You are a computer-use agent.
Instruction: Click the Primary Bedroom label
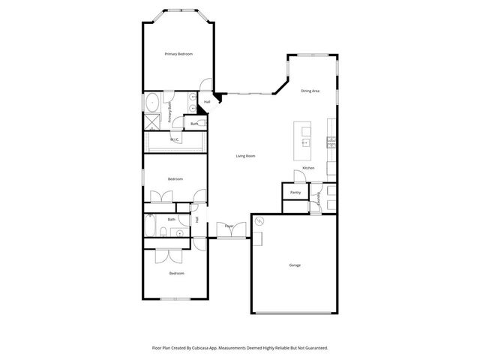pos(179,54)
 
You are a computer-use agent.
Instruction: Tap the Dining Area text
pos(310,91)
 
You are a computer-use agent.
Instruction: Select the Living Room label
pos(246,156)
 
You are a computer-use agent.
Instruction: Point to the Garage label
pos(295,265)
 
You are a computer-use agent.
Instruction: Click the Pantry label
pos(295,193)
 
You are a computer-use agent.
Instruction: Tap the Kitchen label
pos(309,168)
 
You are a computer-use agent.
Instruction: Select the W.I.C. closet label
pos(175,139)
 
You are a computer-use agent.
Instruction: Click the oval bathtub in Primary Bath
pos(152,102)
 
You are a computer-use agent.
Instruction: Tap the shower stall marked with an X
pos(152,120)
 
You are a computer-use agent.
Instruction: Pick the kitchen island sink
pos(306,141)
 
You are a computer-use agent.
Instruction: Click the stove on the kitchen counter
pos(330,141)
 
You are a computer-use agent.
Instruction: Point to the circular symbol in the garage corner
pos(260,222)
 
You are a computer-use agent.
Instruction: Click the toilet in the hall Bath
pos(182,232)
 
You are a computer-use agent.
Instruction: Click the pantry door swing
pos(299,178)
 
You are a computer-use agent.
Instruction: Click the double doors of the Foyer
pos(229,232)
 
